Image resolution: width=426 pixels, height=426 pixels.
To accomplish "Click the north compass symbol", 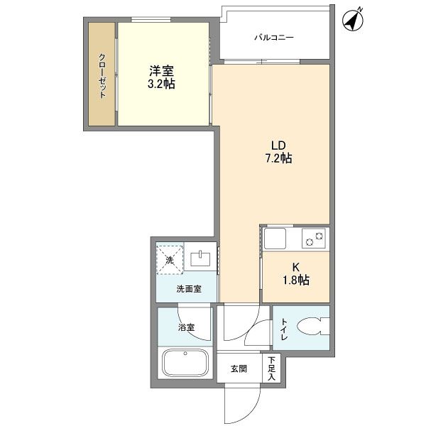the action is (x=353, y=20).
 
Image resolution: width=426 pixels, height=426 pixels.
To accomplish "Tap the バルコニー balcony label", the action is (x=274, y=37).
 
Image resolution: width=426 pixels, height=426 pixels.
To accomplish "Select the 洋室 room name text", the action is (x=161, y=71).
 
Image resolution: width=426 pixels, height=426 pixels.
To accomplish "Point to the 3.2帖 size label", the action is (x=161, y=84).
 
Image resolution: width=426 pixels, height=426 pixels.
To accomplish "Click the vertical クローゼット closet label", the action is (x=102, y=76).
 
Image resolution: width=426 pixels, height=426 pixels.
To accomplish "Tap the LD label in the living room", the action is (x=278, y=146).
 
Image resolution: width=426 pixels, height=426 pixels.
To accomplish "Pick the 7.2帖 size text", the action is (x=278, y=158).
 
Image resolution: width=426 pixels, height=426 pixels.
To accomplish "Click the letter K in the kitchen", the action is (x=296, y=268).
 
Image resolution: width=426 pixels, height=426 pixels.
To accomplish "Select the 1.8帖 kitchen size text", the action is (x=296, y=280).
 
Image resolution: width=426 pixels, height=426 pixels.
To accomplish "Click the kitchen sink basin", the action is (x=275, y=239).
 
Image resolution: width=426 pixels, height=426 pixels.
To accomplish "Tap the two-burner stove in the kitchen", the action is (x=314, y=239).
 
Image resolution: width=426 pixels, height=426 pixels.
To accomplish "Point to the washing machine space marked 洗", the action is (x=170, y=260).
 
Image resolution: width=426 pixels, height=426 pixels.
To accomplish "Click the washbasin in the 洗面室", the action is (x=200, y=259).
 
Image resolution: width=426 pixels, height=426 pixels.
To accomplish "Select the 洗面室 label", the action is (x=189, y=289).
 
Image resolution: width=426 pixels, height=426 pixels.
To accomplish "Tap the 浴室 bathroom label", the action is (x=186, y=327).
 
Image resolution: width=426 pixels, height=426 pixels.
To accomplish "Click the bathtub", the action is (x=185, y=363).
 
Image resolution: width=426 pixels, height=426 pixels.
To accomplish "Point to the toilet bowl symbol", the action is (x=313, y=327).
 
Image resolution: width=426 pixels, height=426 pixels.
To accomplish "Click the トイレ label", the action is (x=284, y=329).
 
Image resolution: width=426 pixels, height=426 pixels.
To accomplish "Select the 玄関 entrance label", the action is (x=239, y=368).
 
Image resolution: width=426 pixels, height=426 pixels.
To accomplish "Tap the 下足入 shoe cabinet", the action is (x=271, y=368).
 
